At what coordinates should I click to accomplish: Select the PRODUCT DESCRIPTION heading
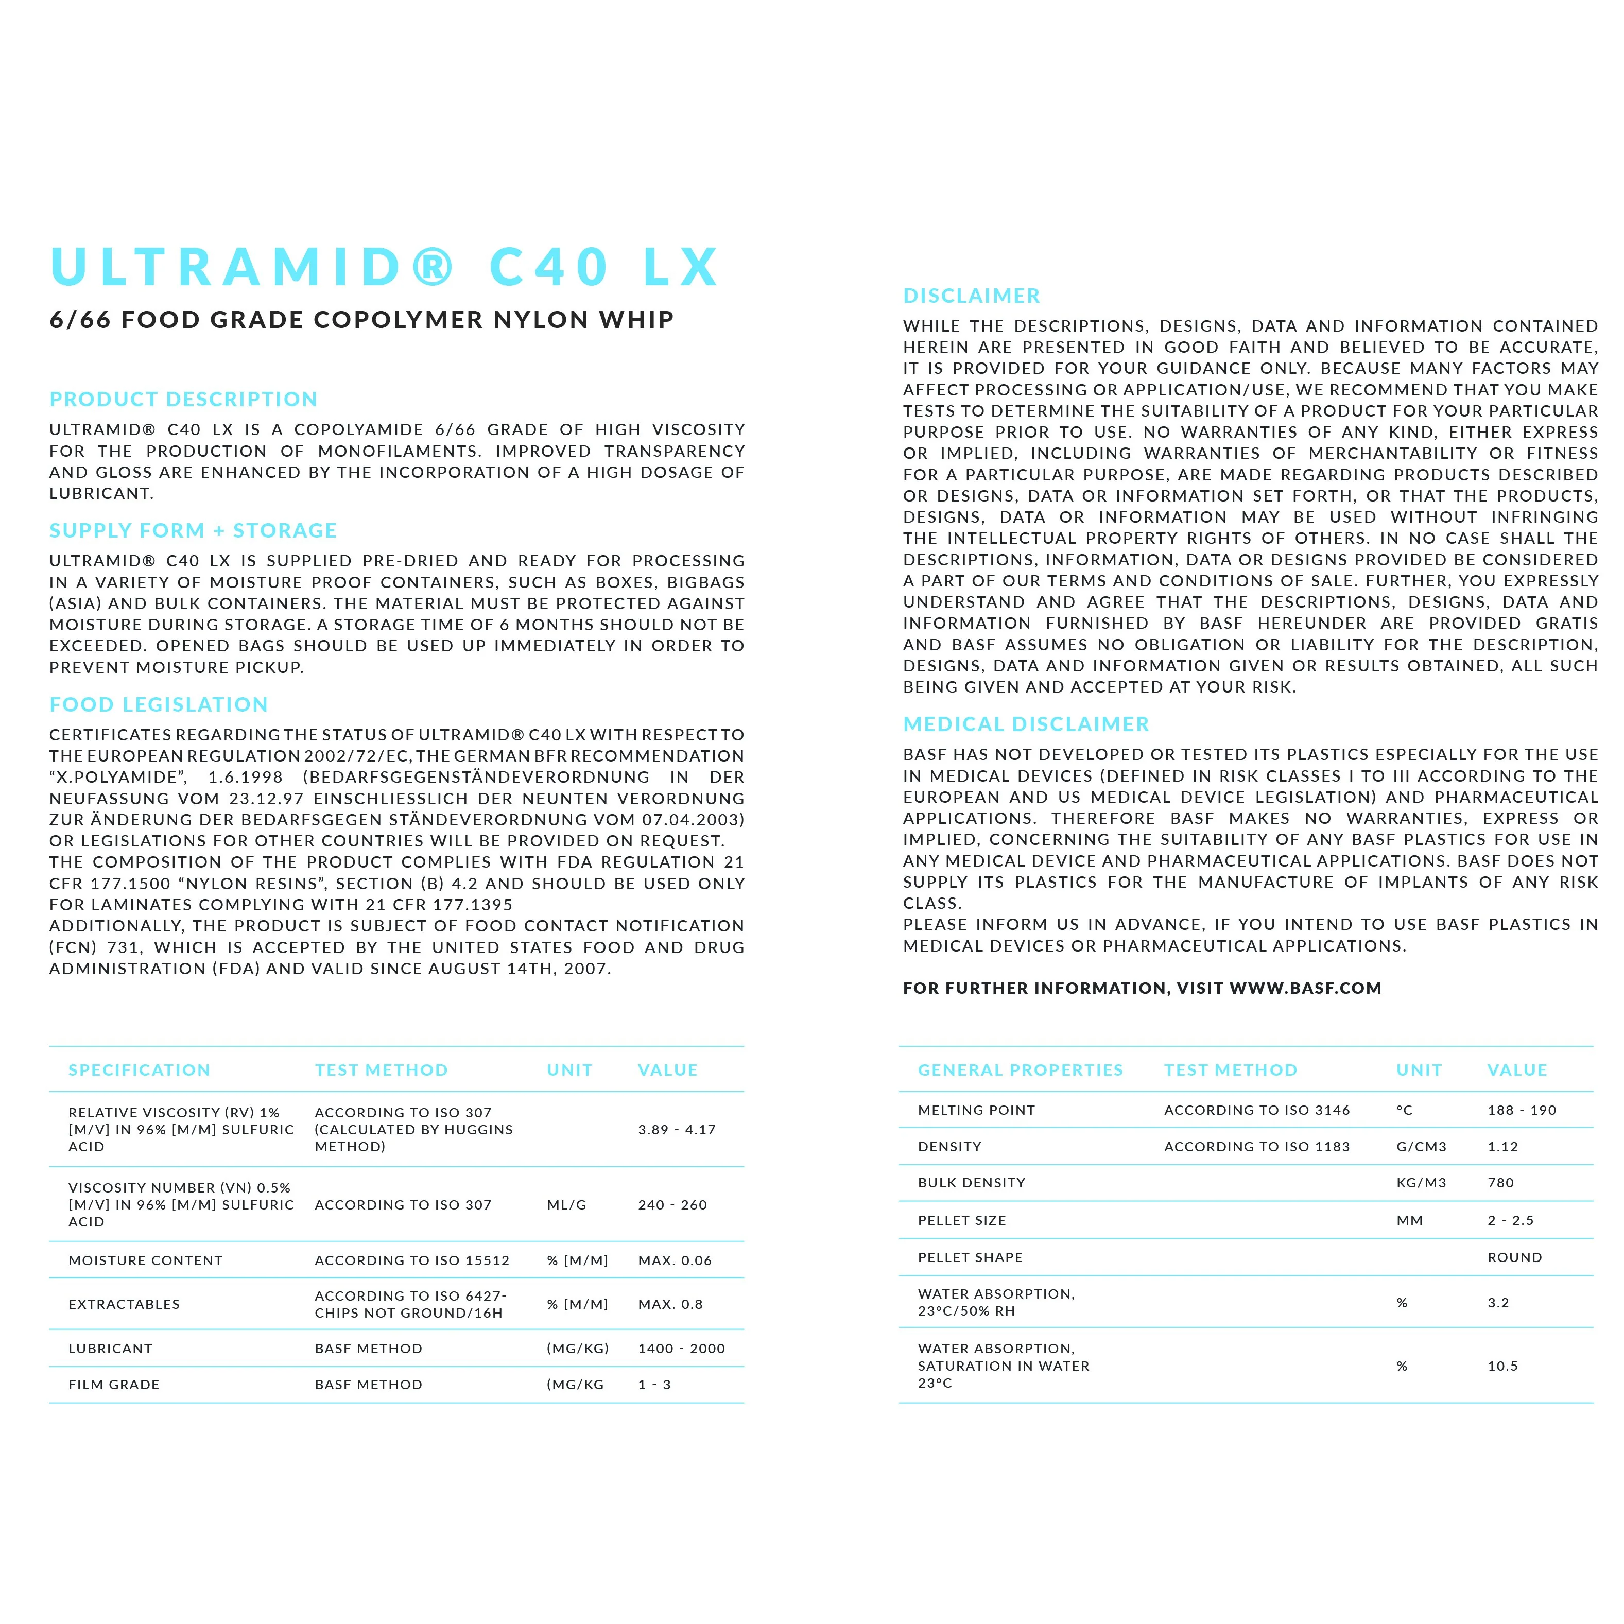(x=183, y=399)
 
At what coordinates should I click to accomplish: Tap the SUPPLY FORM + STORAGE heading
(x=193, y=530)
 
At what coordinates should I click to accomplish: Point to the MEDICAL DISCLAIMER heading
(x=1026, y=724)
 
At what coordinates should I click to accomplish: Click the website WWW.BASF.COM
(x=1305, y=989)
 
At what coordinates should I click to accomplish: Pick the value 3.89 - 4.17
(x=677, y=1130)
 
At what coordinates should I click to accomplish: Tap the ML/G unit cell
(x=566, y=1204)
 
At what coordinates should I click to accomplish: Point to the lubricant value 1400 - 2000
(x=681, y=1349)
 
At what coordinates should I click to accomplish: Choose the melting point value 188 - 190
(x=1522, y=1110)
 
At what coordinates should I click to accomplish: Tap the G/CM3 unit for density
(x=1421, y=1147)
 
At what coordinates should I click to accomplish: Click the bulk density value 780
(x=1500, y=1183)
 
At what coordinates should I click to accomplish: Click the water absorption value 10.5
(x=1502, y=1366)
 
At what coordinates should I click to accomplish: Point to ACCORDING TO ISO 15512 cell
(x=412, y=1260)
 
